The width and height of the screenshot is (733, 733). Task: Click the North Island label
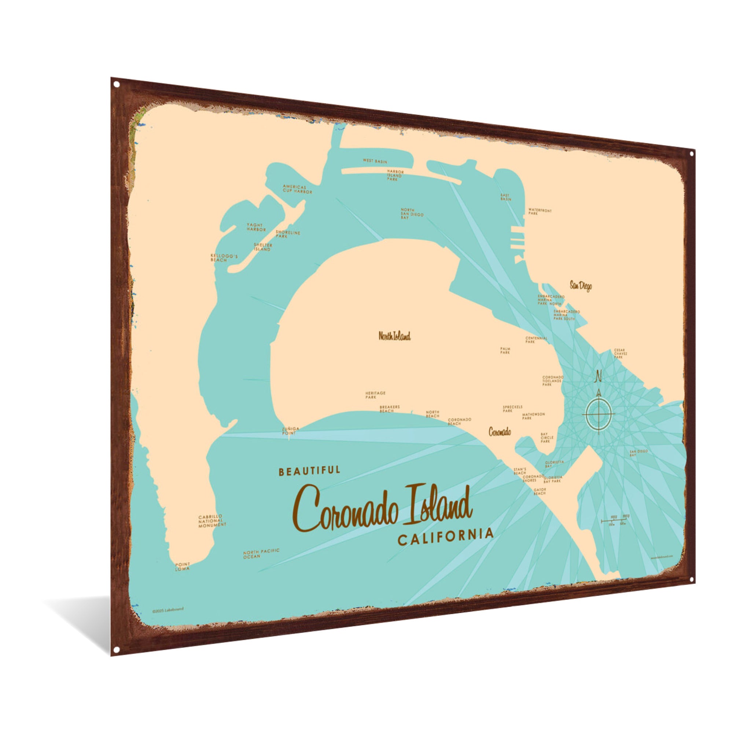click(394, 336)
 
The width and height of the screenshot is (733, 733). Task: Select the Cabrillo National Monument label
click(212, 520)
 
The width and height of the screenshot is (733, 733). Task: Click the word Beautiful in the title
click(309, 471)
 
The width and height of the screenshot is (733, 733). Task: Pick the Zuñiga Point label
click(290, 430)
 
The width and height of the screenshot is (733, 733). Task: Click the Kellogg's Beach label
click(224, 258)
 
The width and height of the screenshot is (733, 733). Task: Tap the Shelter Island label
click(263, 247)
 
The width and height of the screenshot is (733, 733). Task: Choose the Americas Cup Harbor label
click(297, 189)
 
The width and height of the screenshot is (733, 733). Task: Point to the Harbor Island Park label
click(395, 175)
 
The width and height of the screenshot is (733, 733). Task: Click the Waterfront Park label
click(539, 212)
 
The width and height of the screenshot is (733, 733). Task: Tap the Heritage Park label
click(375, 395)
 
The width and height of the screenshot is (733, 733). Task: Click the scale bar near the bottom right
click(615, 522)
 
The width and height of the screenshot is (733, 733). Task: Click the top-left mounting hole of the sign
click(117, 84)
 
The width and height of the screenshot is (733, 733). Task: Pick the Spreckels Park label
click(513, 408)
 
